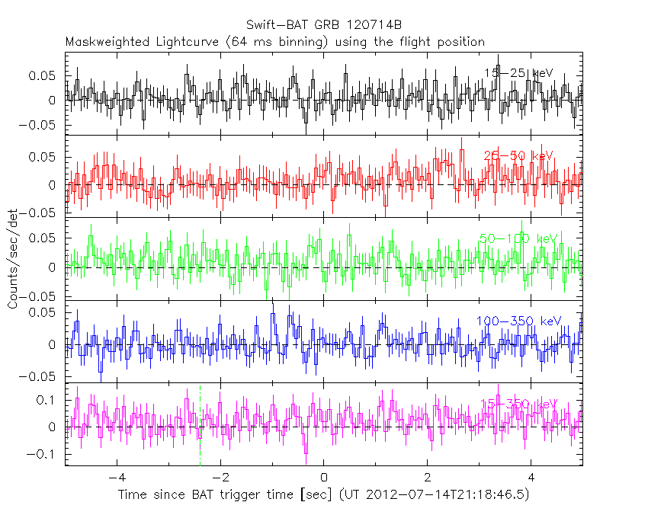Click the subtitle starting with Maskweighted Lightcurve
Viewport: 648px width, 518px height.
tap(274, 42)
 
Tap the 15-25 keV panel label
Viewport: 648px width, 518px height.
tap(518, 72)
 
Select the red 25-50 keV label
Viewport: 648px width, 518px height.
tap(518, 156)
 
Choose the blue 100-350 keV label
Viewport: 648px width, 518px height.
tap(518, 321)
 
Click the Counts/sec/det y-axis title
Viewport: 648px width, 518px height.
tap(13, 259)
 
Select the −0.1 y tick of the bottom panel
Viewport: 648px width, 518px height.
tap(44, 455)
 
